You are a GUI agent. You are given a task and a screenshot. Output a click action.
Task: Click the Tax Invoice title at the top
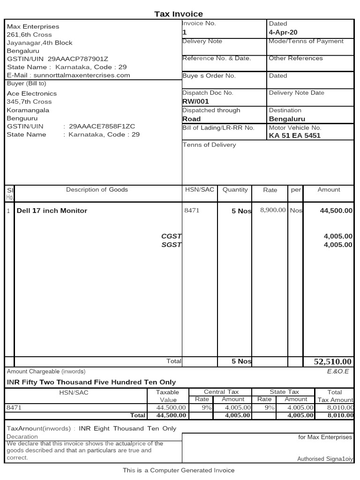point(179,14)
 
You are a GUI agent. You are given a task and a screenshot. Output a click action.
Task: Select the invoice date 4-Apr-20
point(283,32)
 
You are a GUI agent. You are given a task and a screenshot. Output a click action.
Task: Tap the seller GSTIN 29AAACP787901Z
point(78,59)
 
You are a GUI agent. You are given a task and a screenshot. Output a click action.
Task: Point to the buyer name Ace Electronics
point(32,93)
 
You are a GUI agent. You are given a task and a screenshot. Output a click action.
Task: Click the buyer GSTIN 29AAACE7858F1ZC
point(102,126)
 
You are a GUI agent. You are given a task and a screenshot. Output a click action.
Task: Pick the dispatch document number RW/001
point(195,101)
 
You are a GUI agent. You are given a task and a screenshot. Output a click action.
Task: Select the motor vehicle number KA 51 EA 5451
point(294,136)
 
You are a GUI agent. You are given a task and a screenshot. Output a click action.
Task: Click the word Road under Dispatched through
point(191,119)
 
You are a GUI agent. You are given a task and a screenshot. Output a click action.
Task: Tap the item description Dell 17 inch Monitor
point(52,210)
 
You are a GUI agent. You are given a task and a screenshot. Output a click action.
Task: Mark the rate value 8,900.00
point(273,210)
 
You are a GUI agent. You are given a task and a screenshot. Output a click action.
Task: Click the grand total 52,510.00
point(332,361)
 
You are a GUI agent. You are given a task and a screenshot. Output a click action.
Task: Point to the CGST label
point(171,236)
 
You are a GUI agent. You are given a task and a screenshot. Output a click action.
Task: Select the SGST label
point(171,245)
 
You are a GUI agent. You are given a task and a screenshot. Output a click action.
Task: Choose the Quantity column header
point(235,190)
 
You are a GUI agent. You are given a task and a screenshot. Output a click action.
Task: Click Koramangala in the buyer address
point(28,110)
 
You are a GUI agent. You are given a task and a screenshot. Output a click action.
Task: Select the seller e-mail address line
point(68,75)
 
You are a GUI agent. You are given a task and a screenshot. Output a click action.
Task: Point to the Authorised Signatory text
point(324,459)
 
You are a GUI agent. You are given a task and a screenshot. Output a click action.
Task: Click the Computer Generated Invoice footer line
point(179,470)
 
